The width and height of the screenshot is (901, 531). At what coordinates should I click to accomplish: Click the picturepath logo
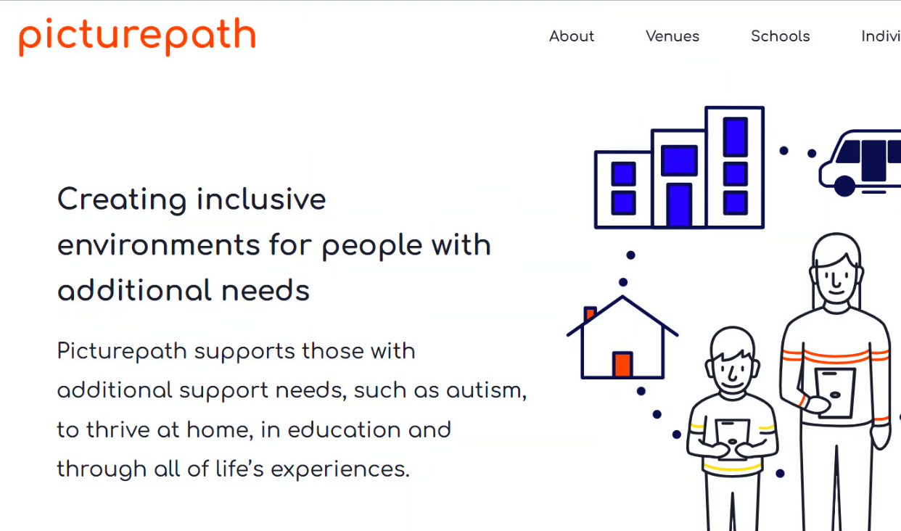[137, 36]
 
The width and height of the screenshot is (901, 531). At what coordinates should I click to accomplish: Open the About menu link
[572, 36]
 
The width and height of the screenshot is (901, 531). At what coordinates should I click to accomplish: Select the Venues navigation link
[672, 36]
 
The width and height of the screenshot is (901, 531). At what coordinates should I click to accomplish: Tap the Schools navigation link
[781, 36]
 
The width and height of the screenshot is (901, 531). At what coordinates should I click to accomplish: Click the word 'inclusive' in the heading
[261, 199]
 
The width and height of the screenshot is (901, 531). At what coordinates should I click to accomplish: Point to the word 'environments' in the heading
[158, 245]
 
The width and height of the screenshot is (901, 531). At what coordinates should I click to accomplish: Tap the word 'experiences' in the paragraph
[340, 470]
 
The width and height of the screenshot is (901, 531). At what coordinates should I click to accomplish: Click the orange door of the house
[622, 364]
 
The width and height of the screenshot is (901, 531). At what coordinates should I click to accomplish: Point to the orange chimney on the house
[590, 313]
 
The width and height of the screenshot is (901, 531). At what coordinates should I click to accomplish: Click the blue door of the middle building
[679, 205]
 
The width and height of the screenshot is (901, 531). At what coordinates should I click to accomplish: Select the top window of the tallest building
[736, 137]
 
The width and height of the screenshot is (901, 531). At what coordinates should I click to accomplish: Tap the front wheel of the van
[844, 186]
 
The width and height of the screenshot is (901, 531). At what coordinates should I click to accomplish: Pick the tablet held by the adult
[835, 392]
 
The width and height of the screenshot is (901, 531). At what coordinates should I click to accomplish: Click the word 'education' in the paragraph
[344, 429]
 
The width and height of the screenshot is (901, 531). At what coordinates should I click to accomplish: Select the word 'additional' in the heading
[134, 290]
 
